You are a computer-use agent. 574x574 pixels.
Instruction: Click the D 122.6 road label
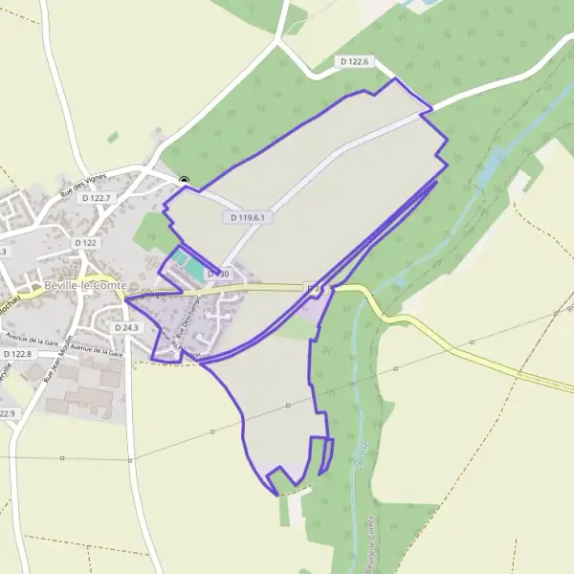(354, 61)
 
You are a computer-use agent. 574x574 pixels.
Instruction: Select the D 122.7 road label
(98, 198)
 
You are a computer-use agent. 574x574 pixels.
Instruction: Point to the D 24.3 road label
(126, 327)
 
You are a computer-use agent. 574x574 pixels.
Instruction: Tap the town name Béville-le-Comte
(87, 286)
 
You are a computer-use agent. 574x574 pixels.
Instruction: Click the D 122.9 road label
(8, 413)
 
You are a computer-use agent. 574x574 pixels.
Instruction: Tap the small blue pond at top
(412, 5)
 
